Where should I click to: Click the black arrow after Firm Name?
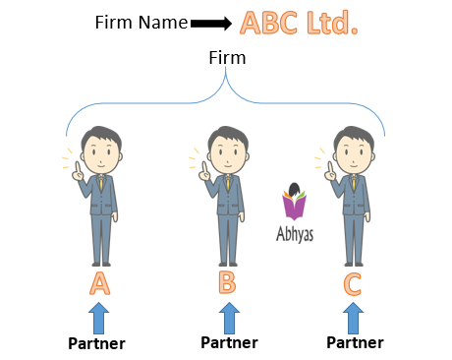click(210, 23)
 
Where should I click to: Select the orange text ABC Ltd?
click(299, 23)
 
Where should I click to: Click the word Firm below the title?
click(226, 59)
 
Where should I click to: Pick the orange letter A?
click(99, 283)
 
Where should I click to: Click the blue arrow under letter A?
click(99, 317)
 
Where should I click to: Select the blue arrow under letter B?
click(228, 317)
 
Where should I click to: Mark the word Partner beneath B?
click(228, 343)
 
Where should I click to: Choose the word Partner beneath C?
click(354, 344)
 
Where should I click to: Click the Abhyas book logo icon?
click(295, 205)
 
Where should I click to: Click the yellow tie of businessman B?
click(228, 184)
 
